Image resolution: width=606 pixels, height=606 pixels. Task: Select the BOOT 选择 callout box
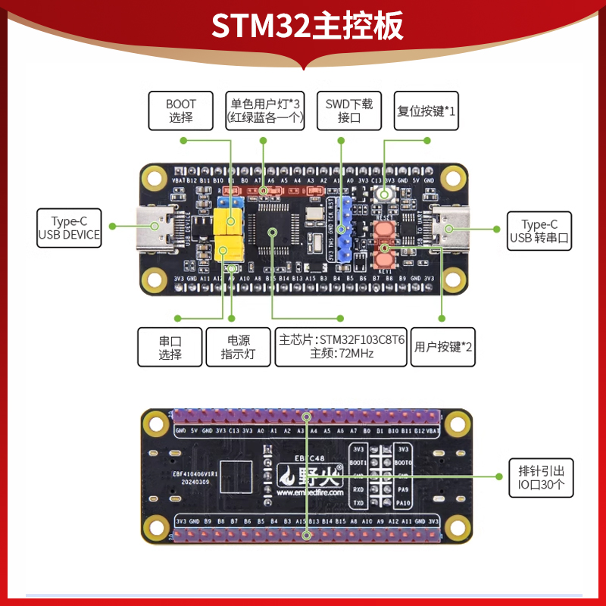[181, 111]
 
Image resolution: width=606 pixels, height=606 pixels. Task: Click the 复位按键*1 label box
[426, 111]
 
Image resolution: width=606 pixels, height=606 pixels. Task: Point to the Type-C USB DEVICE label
[70, 229]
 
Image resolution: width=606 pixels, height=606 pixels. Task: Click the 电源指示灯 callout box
[237, 347]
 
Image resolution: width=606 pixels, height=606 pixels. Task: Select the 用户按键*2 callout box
[444, 347]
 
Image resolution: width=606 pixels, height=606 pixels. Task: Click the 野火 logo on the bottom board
[311, 476]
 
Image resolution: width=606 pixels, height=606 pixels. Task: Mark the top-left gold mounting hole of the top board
[155, 179]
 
